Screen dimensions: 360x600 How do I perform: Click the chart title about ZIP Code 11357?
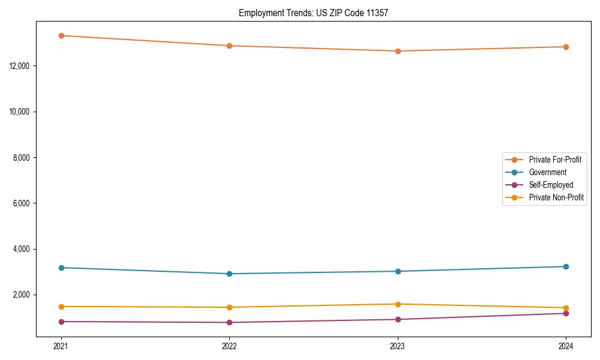(x=313, y=13)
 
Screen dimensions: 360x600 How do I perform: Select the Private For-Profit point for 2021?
(x=61, y=35)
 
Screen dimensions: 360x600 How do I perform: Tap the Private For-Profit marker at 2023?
(x=398, y=51)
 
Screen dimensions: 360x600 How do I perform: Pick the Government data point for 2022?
(x=229, y=274)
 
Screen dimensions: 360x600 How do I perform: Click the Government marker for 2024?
(x=566, y=266)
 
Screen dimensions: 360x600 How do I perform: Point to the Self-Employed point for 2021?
(x=61, y=322)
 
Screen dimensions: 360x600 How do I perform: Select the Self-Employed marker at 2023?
(x=398, y=319)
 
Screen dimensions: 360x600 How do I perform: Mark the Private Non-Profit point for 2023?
(x=398, y=304)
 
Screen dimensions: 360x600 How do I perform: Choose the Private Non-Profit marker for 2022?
(x=229, y=307)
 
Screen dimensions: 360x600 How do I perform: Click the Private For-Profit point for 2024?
(x=566, y=47)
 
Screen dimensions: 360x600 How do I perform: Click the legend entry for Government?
(x=547, y=172)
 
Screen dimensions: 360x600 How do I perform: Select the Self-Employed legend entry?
(x=551, y=185)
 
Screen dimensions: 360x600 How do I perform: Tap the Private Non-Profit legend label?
(x=556, y=197)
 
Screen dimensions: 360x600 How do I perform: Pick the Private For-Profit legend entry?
(x=555, y=160)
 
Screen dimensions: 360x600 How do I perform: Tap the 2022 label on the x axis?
(x=229, y=346)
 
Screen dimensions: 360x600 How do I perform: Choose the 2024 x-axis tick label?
(x=566, y=346)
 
